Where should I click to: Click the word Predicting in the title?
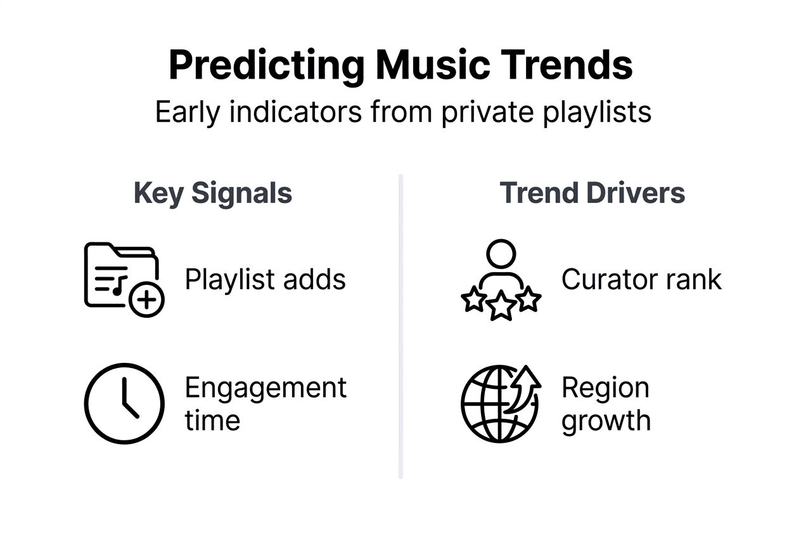click(266, 65)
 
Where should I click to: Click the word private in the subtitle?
click(471, 113)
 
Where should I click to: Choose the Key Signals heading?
click(213, 193)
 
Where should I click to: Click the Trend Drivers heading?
click(592, 193)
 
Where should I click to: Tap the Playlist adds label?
click(265, 279)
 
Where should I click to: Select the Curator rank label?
click(641, 279)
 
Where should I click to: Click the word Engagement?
click(266, 388)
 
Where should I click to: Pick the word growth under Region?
click(606, 421)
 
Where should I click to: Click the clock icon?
click(124, 403)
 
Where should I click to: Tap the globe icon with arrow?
click(500, 403)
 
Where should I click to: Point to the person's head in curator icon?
click(501, 254)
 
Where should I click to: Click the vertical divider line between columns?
click(401, 327)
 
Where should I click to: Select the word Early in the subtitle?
click(188, 113)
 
